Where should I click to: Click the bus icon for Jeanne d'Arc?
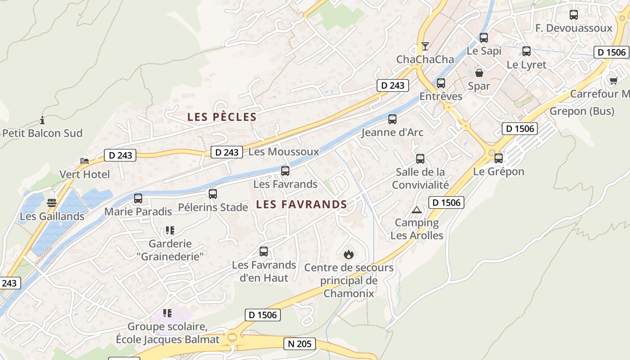click(392, 119)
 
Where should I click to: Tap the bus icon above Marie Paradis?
click(138, 198)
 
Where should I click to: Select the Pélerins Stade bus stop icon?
click(213, 194)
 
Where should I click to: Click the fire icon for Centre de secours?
click(349, 255)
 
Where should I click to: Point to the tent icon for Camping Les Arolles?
click(417, 210)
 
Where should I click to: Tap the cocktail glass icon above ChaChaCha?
click(425, 46)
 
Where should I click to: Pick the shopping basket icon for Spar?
click(479, 73)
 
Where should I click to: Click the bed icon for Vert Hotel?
click(85, 161)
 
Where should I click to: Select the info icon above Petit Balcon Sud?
click(42, 120)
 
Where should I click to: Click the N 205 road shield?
click(300, 344)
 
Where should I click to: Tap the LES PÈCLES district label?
click(222, 117)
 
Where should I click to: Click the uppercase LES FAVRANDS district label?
click(301, 205)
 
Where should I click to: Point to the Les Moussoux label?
click(283, 152)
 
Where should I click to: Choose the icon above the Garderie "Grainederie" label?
click(170, 231)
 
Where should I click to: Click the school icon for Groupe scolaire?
click(167, 313)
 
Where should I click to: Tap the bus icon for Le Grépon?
click(499, 158)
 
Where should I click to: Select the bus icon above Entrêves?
click(441, 83)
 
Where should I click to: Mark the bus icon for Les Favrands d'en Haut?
click(264, 252)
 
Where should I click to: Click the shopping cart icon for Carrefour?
click(613, 81)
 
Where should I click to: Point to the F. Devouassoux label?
click(574, 28)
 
